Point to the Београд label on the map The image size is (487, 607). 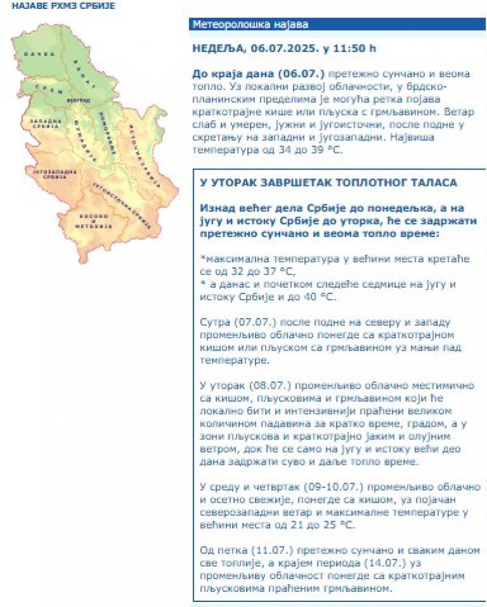(75, 101)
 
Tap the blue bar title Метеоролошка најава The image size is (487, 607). (250, 25)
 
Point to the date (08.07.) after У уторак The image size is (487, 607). (260, 385)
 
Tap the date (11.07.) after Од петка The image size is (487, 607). (256, 550)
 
